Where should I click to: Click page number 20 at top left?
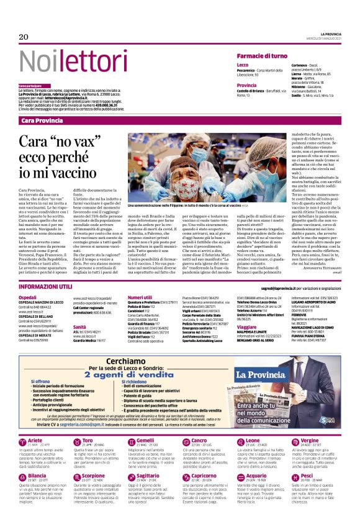(x=24, y=37)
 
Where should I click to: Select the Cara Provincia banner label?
(x=42, y=120)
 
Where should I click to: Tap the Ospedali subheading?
(x=28, y=297)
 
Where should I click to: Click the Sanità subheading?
(x=79, y=326)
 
